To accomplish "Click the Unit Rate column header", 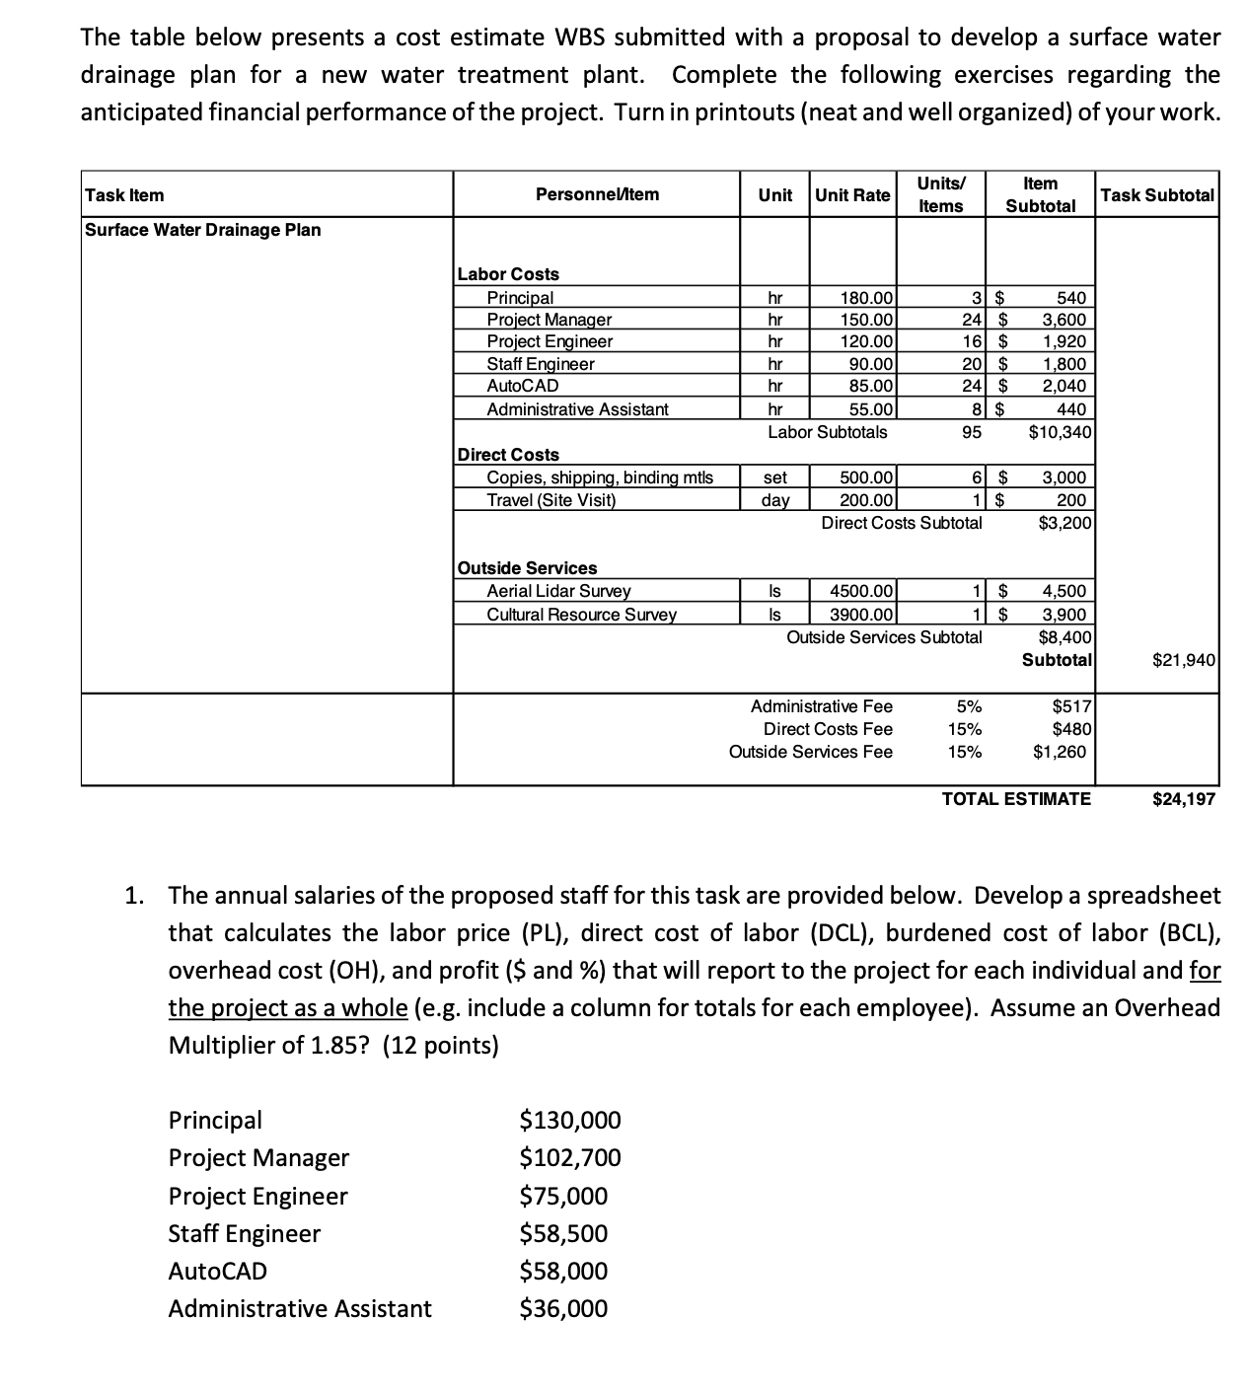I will point(852,194).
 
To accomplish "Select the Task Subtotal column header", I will point(1157,194).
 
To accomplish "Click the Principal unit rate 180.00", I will point(866,297).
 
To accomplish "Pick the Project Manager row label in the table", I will point(549,319).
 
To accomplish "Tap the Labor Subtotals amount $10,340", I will point(1059,431).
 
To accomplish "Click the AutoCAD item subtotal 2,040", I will point(1064,386).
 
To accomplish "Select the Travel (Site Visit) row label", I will point(550,499).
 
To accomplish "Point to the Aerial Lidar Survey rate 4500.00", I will point(861,591).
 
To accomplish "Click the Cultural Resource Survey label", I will point(581,614).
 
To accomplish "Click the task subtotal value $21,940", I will point(1183,659).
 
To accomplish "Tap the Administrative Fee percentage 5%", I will point(969,705).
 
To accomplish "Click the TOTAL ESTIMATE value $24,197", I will point(1183,798).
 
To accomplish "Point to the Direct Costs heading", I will point(509,454).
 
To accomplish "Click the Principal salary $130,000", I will point(570,1120).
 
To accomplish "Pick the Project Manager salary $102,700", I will point(570,1157).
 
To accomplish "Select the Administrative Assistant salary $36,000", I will point(563,1308).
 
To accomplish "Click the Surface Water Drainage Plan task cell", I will point(203,229).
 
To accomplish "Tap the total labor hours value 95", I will point(972,431).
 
